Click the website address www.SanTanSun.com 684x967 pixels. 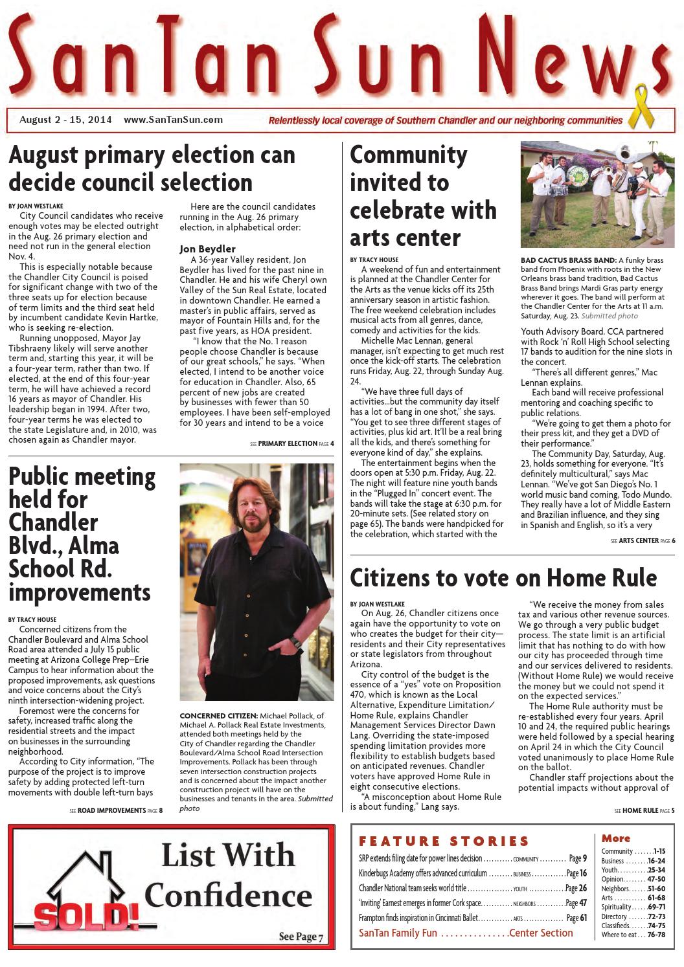pyautogui.click(x=173, y=120)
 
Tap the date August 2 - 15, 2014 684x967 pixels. pyautogui.click(x=65, y=120)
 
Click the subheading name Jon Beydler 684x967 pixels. pyautogui.click(x=207, y=249)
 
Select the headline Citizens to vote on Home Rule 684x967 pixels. pyautogui.click(x=503, y=577)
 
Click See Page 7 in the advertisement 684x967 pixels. pyautogui.click(x=301, y=937)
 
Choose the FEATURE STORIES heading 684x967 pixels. pyautogui.click(x=444, y=841)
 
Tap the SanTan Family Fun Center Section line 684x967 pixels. pyautogui.click(x=466, y=933)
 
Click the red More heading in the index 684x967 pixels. pyautogui.click(x=615, y=838)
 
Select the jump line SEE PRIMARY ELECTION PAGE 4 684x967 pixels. pyautogui.click(x=292, y=444)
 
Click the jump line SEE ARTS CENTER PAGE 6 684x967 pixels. pyautogui.click(x=643, y=540)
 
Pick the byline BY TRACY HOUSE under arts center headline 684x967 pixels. pyautogui.click(x=374, y=260)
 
